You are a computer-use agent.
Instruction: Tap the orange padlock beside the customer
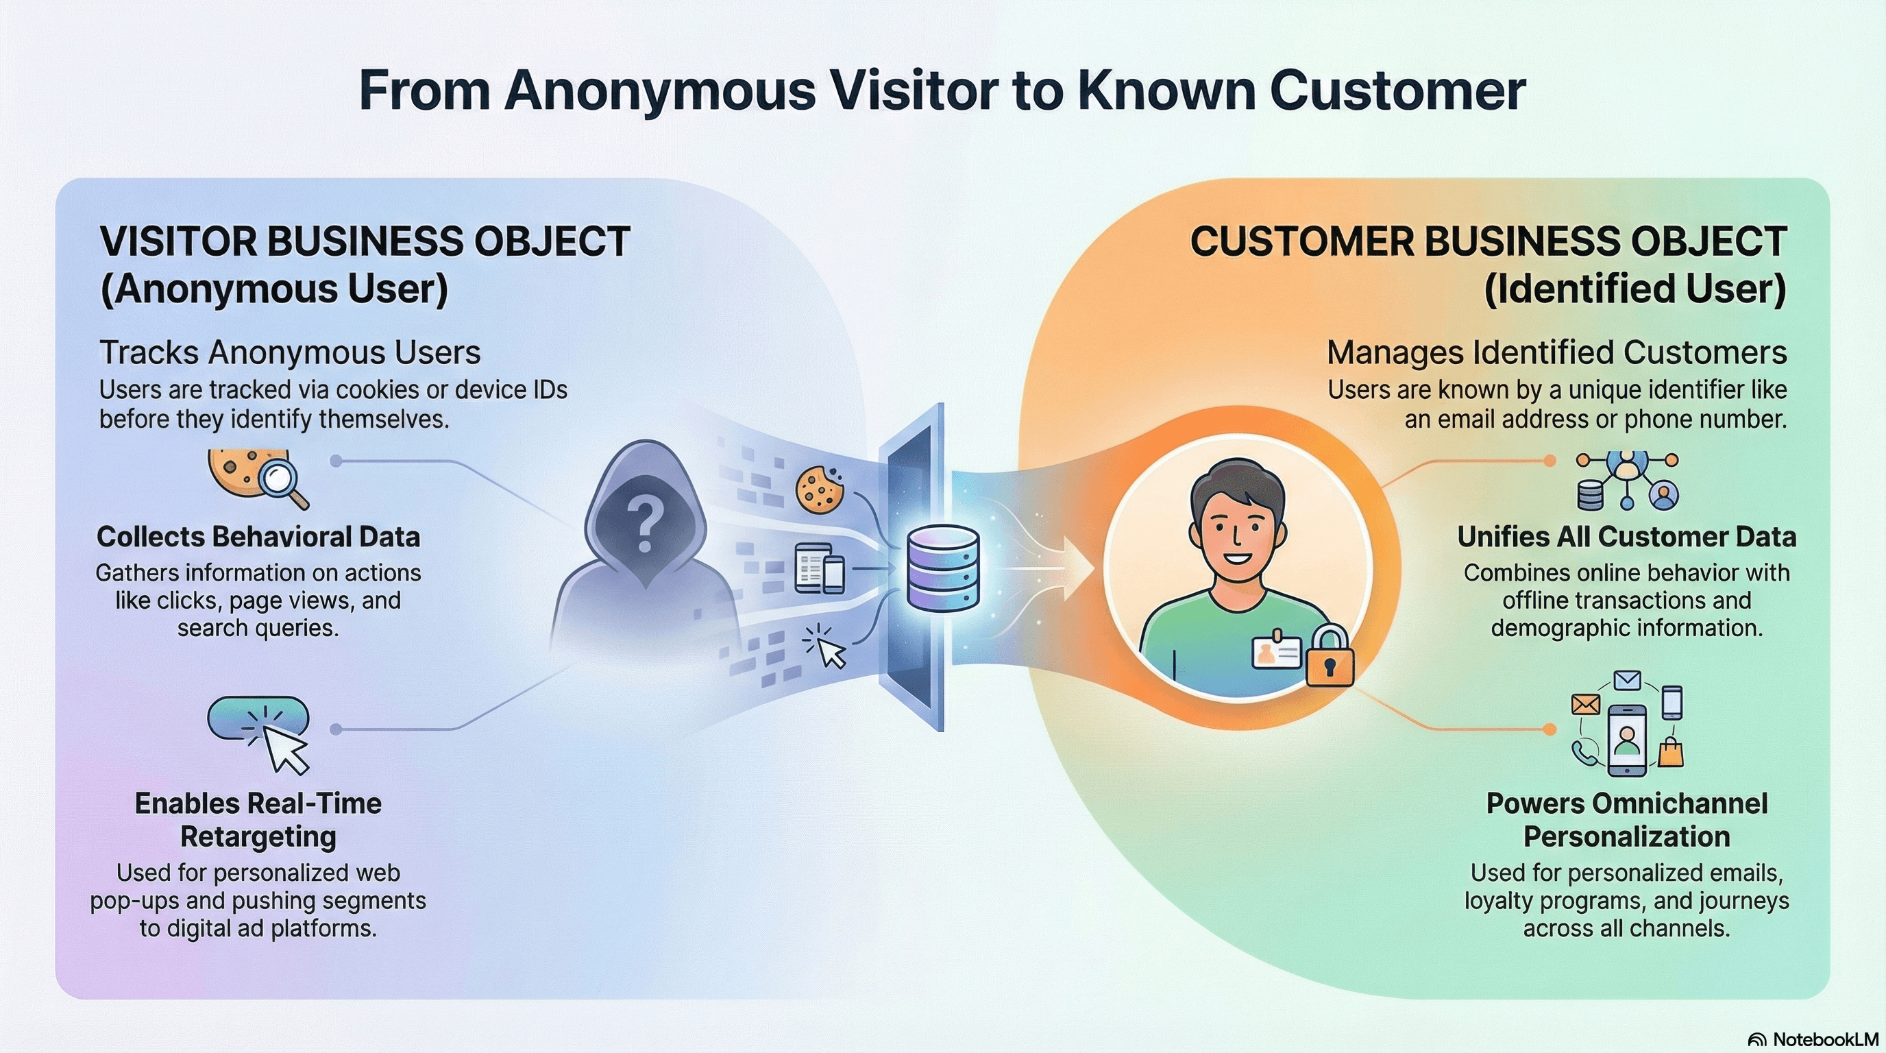[x=1330, y=657]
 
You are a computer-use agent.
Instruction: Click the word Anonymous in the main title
[x=660, y=90]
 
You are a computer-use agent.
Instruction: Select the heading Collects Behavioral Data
[x=258, y=537]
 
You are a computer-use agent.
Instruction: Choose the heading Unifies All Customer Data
[x=1626, y=537]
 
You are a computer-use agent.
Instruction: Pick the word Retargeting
[x=258, y=836]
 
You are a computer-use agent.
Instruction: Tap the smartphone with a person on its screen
[x=1626, y=740]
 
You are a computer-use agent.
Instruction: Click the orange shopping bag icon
[x=1670, y=753]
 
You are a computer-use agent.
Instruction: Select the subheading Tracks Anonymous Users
[x=290, y=352]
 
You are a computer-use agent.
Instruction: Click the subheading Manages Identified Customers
[x=1556, y=352]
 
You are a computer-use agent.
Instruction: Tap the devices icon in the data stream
[x=819, y=568]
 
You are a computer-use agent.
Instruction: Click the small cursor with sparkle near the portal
[x=826, y=646]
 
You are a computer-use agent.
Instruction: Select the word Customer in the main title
[x=1397, y=90]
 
